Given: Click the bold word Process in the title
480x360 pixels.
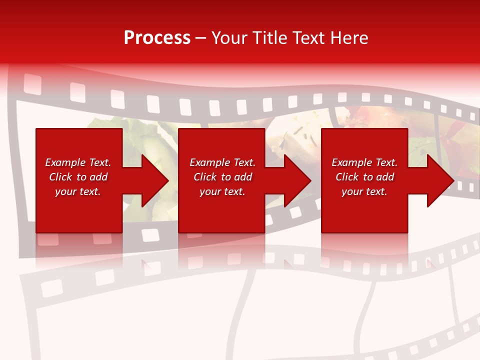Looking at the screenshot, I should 157,38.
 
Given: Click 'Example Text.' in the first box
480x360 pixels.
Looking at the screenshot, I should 78,162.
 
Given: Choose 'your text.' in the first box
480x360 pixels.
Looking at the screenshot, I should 78,191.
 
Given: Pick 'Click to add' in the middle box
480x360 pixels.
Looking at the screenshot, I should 222,177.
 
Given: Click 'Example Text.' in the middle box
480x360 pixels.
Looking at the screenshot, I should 222,162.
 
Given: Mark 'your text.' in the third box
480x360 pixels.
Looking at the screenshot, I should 364,191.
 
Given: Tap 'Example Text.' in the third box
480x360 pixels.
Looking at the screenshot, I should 364,162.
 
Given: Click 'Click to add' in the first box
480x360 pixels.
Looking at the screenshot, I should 78,177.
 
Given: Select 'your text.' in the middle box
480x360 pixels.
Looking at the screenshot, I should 222,191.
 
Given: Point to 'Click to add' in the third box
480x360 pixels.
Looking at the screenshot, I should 364,177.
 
